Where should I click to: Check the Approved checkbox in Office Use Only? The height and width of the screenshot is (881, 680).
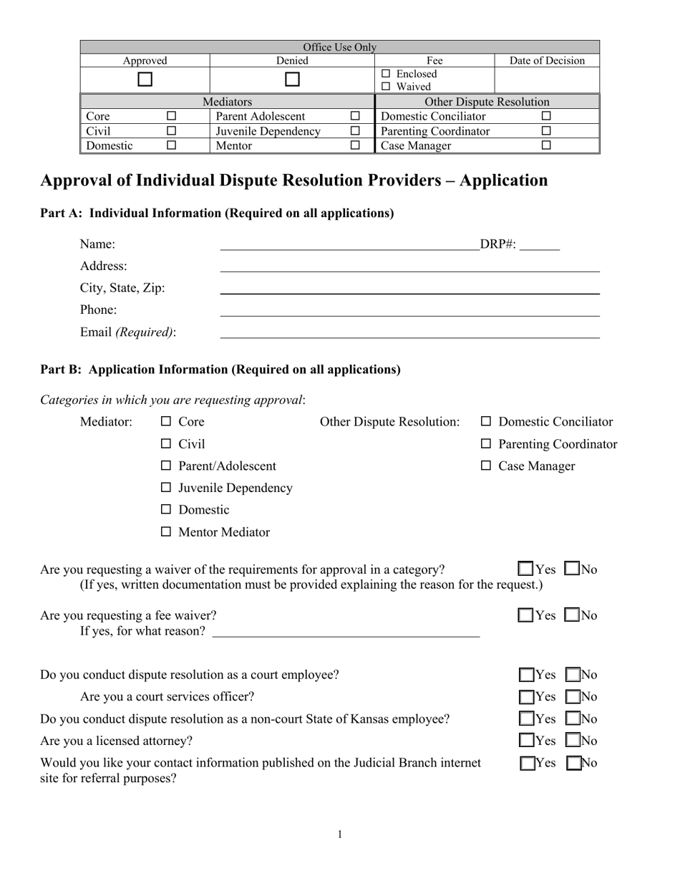pos(145,80)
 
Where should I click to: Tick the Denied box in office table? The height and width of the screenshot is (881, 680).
pos(292,80)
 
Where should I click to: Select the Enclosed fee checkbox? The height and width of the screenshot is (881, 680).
pos(387,74)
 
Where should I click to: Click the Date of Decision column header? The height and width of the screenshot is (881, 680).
pos(547,61)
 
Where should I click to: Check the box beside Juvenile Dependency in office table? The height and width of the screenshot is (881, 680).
pos(355,131)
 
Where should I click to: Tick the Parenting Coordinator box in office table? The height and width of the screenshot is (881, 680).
pos(546,131)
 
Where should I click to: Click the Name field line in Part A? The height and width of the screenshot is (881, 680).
pos(349,246)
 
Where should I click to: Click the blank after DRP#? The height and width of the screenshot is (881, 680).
pos(540,246)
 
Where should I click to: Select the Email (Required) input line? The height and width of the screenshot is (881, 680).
pos(409,333)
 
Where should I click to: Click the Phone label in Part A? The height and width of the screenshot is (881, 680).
pos(99,309)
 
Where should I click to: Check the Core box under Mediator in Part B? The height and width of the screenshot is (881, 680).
pos(166,422)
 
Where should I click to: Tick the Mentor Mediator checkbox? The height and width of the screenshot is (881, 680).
pos(166,532)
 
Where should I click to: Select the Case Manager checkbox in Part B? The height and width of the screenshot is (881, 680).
pos(486,466)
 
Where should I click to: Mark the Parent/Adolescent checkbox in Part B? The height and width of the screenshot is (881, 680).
pos(166,466)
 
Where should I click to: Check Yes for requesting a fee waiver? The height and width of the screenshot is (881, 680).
pos(526,615)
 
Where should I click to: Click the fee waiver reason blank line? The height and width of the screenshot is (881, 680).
pos(346,632)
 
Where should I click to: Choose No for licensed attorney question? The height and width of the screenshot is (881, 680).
pos(573,741)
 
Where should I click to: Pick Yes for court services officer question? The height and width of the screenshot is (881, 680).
pos(527,696)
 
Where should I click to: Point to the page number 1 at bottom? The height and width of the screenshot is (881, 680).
pos(340,834)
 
